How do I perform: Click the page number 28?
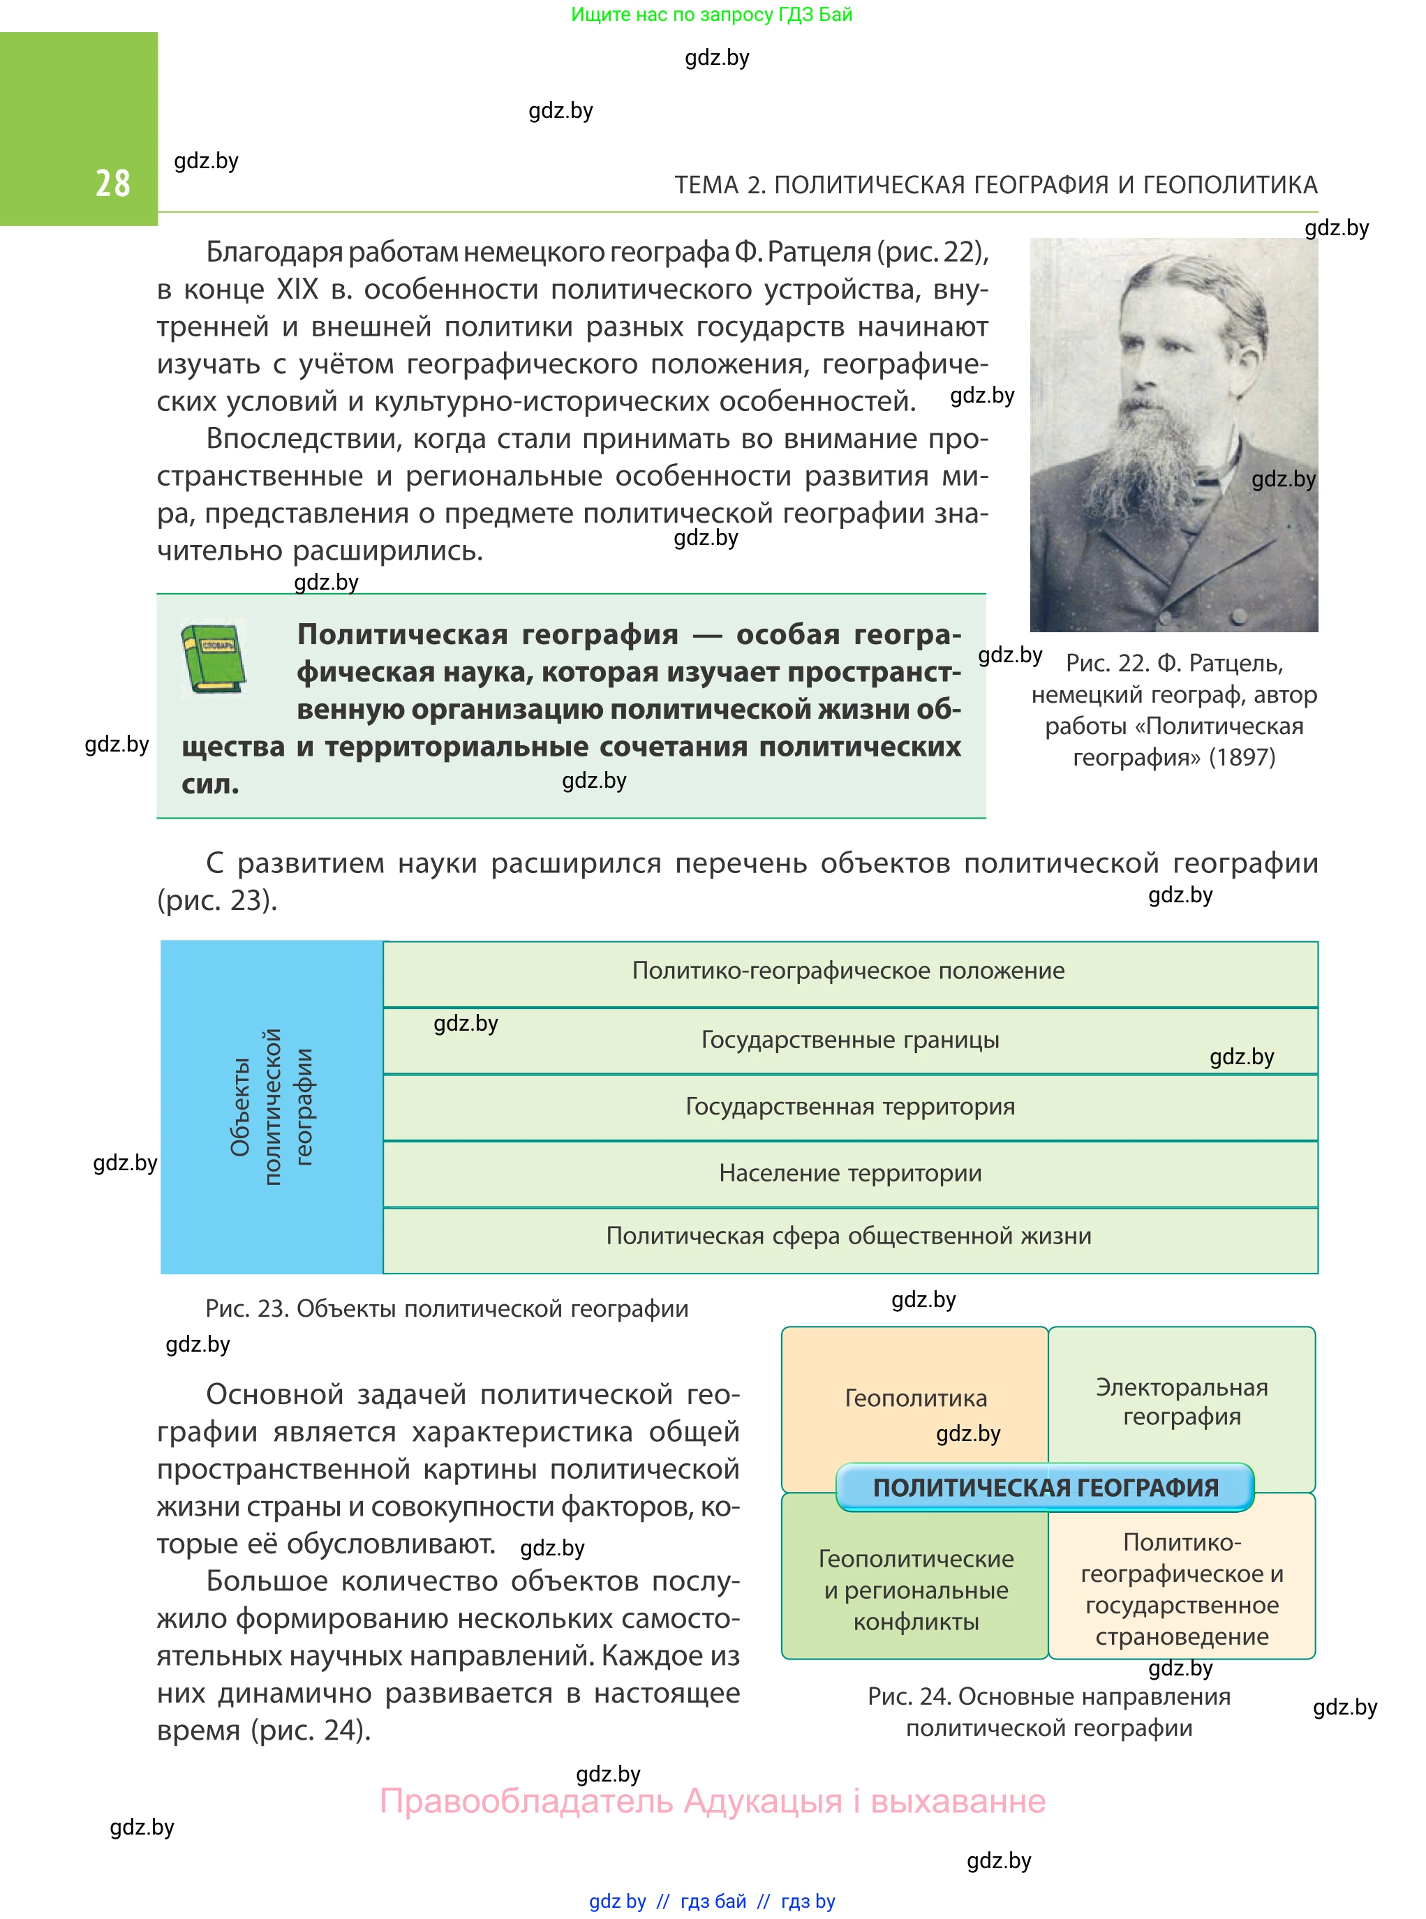(112, 184)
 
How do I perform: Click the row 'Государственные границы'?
(849, 1040)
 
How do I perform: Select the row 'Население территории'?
(849, 1174)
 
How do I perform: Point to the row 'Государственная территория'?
(849, 1106)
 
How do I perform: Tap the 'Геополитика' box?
(915, 1398)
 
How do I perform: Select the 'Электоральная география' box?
(1181, 1402)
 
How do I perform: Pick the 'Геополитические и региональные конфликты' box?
(915, 1590)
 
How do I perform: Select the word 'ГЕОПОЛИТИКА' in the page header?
(1229, 185)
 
